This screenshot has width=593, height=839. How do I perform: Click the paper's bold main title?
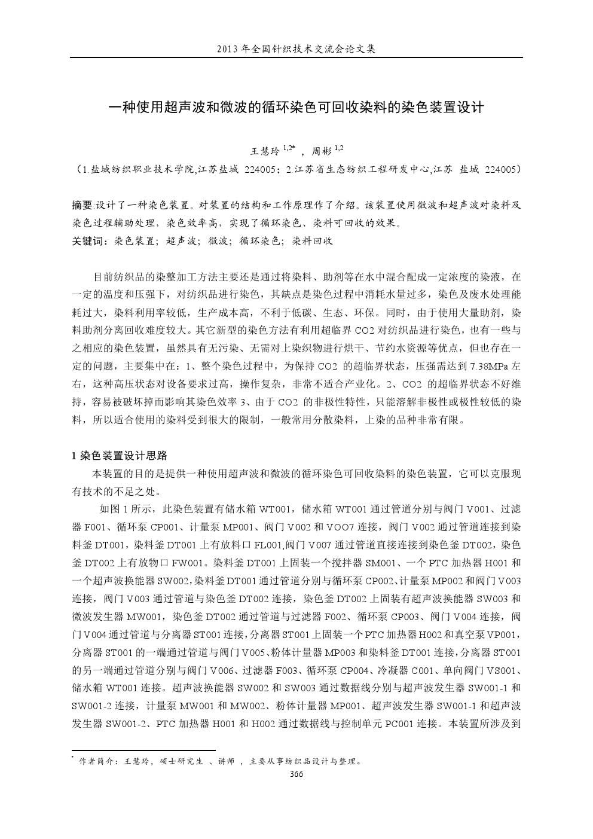296,108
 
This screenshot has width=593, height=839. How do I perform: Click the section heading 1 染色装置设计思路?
120,456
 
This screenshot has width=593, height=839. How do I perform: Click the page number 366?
296,774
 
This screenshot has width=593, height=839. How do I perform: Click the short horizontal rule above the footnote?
143,750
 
